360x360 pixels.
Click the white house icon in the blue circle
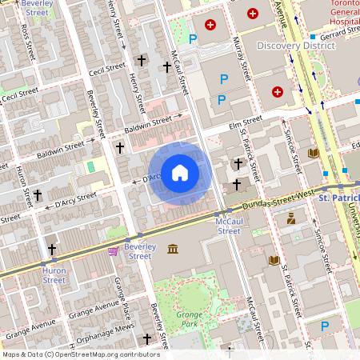click(x=180, y=173)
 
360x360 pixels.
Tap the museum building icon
click(x=173, y=250)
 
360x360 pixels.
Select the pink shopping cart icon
click(x=114, y=251)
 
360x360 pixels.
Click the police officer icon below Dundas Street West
click(x=290, y=218)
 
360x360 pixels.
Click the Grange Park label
click(x=190, y=320)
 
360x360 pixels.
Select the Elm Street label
click(x=246, y=122)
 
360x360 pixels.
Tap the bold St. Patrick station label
click(x=339, y=197)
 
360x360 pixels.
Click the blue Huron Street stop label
click(x=54, y=276)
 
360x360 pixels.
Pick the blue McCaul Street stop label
click(x=229, y=226)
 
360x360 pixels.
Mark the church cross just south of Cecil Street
click(x=142, y=60)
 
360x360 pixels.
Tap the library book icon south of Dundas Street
click(x=274, y=260)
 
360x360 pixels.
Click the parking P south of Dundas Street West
click(x=325, y=326)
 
